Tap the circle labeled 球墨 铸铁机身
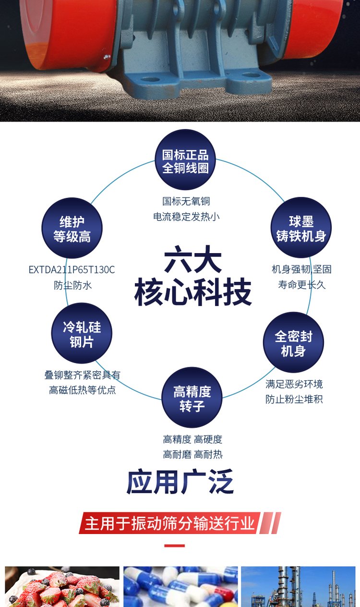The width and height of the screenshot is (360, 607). pos(301,228)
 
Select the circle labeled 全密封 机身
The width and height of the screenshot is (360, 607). pos(293,342)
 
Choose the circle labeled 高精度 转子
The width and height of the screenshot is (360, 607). pos(192,398)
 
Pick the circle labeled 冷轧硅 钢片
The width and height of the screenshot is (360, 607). pos(82,334)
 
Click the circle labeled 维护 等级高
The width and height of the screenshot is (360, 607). pos(72,229)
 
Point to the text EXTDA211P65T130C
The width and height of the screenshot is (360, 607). pos(72,269)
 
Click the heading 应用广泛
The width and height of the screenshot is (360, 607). pos(180,482)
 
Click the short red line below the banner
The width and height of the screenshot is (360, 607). pos(174,546)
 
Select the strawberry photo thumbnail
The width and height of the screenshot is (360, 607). pos(62,586)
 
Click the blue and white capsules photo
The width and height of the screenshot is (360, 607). pos(180,586)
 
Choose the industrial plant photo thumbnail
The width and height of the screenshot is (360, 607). pos(298,586)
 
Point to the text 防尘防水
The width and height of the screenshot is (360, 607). pos(72,285)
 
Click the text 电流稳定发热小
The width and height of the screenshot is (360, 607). pos(186,217)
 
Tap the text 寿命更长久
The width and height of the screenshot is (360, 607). pos(301,285)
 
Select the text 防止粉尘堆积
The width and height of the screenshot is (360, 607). pos(294,399)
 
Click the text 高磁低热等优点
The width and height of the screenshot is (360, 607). pos(83,390)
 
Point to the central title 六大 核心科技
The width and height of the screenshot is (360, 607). pos(193,278)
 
